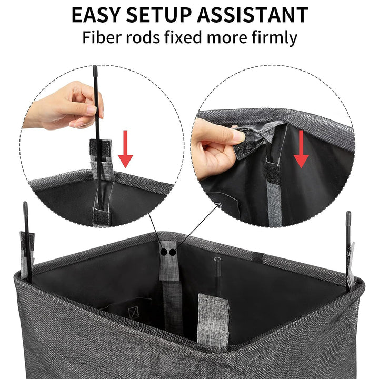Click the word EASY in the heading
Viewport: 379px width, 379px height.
96,15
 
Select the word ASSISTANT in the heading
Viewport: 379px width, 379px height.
253,15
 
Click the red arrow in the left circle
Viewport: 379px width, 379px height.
125,149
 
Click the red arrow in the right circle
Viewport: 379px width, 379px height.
301,149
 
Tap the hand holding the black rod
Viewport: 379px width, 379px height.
65,106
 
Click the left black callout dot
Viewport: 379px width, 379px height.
164,252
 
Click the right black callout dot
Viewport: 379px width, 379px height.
172,252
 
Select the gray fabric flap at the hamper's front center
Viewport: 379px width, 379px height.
213,320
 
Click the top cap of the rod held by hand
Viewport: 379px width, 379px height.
95,69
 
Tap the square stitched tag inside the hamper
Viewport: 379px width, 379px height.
133,313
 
